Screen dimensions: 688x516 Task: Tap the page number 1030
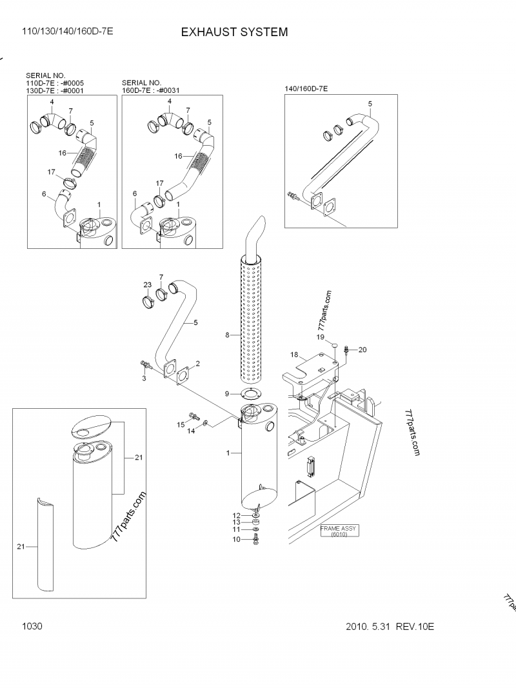(32, 626)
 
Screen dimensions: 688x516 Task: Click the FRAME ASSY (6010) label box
(338, 531)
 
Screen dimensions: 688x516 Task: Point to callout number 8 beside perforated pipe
(227, 335)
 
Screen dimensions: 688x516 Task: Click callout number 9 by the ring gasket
(226, 394)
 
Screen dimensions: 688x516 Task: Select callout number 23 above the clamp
(147, 284)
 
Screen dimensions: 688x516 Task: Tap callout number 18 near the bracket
(293, 355)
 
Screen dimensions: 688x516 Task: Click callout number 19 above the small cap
(320, 337)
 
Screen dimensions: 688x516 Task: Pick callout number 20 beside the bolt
(362, 349)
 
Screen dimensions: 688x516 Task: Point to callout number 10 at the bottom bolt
(236, 538)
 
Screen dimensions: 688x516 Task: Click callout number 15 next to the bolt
(181, 423)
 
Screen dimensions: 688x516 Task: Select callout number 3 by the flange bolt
(144, 378)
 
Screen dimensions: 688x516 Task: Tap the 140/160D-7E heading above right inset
(306, 88)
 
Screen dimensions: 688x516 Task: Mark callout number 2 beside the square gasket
(198, 364)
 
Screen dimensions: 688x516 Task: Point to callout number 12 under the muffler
(236, 515)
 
